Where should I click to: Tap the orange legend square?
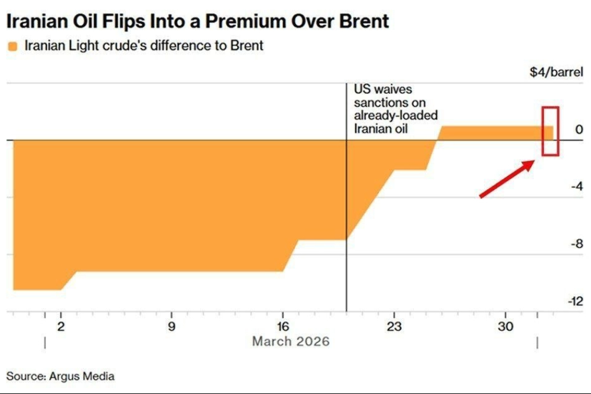point(12,46)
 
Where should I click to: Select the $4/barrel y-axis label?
point(556,74)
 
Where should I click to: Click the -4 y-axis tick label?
point(576,187)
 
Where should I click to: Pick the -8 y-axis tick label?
point(576,244)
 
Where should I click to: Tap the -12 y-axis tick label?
point(574,301)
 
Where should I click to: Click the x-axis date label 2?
point(61,326)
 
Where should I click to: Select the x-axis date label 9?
point(171,326)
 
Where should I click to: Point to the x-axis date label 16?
point(283,326)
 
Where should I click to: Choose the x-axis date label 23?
point(394,326)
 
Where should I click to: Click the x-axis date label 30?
point(505,326)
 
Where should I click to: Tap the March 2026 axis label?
point(291,341)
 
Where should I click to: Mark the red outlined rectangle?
point(551,131)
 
